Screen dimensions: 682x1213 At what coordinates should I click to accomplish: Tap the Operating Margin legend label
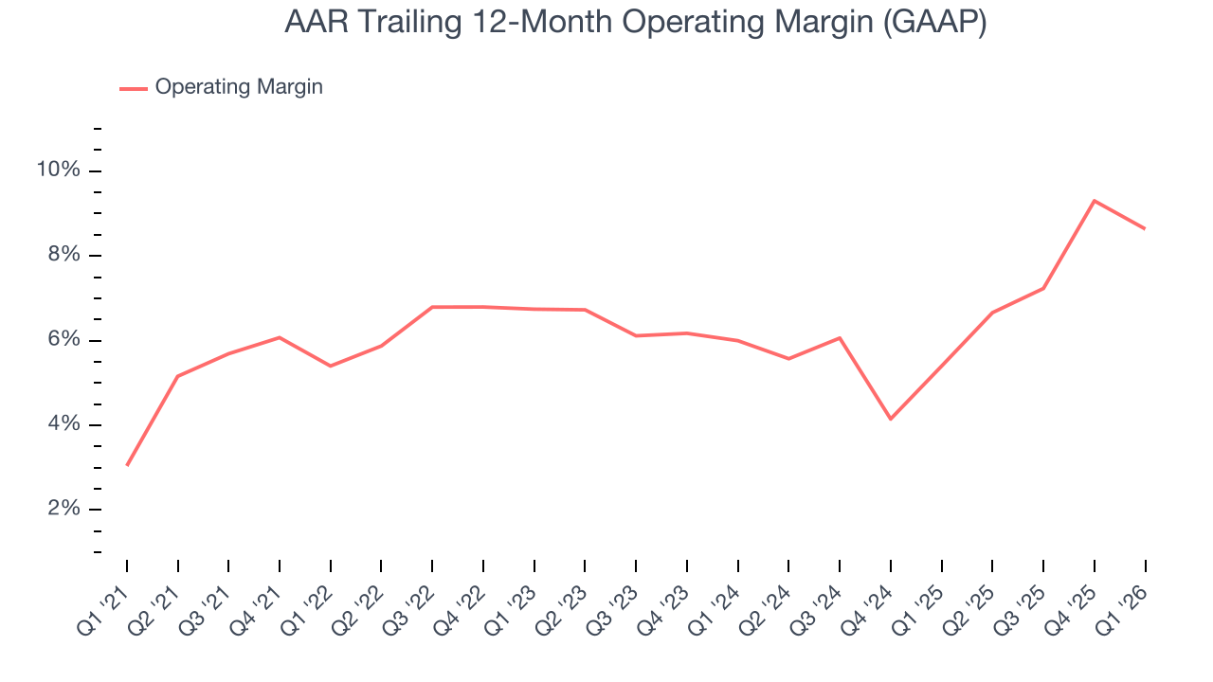(x=239, y=87)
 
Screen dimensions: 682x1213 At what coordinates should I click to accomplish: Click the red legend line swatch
(x=133, y=88)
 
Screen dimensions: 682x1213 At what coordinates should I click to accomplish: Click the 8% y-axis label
(x=62, y=256)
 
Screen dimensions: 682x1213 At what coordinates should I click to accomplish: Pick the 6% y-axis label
(x=62, y=340)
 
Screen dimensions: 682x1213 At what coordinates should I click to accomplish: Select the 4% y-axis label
(x=62, y=424)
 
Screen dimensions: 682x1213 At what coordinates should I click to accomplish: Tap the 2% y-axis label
(x=62, y=510)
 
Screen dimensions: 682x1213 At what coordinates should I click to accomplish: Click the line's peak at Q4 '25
(x=1095, y=201)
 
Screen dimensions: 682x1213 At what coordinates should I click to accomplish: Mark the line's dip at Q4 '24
(x=891, y=419)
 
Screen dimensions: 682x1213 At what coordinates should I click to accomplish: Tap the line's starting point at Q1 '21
(x=127, y=465)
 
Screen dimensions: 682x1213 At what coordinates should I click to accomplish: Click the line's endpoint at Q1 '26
(x=1145, y=228)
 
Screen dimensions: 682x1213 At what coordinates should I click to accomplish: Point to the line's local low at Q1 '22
(x=331, y=366)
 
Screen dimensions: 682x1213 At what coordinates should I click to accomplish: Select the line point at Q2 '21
(x=178, y=376)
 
